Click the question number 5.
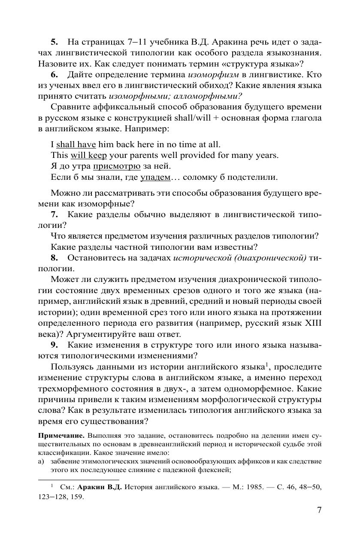[54, 42]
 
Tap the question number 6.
[54, 74]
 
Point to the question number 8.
[54, 258]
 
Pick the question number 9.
[54, 345]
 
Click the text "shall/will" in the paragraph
[192, 118]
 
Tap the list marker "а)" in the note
[42, 461]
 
